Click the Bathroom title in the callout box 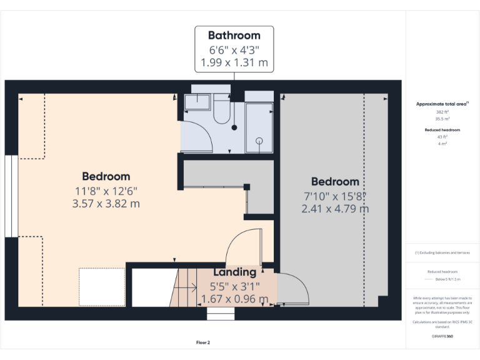[234, 35]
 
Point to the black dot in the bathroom [234, 127]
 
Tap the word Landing [235, 272]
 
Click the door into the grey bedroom [292, 289]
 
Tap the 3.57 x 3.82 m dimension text [106, 203]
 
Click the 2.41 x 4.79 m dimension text [335, 208]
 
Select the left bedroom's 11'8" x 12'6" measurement [106, 191]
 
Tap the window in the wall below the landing [220, 313]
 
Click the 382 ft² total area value [442, 111]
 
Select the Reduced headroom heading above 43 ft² [442, 129]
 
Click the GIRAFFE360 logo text [442, 336]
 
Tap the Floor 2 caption [203, 342]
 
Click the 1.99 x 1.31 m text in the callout [234, 62]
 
